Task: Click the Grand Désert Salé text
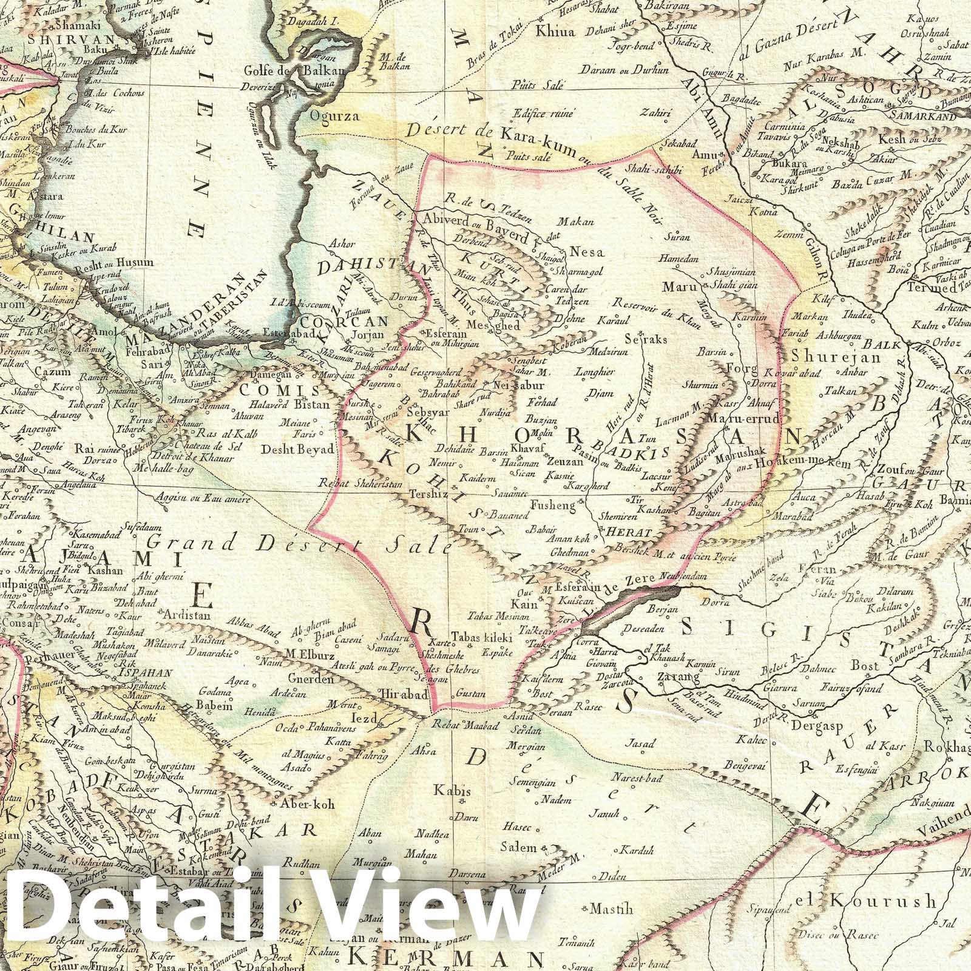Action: click(x=300, y=543)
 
